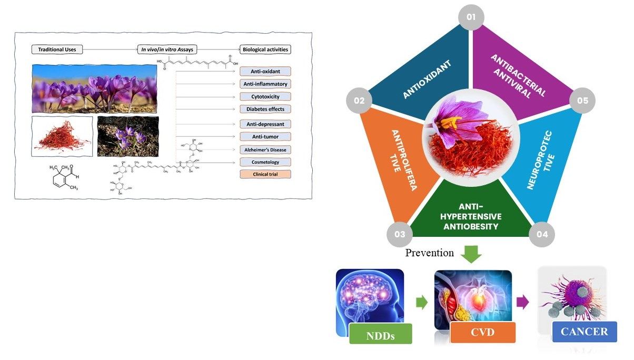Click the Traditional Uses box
(57, 49)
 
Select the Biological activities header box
(265, 49)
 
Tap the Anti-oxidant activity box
(265, 71)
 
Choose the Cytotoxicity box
(265, 96)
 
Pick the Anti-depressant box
(265, 124)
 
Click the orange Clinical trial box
(265, 174)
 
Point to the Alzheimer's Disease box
(265, 149)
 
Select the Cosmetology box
(265, 162)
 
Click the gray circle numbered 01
(470, 17)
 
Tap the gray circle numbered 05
(582, 100)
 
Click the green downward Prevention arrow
(471, 253)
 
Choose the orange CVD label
(482, 333)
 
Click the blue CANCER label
(584, 332)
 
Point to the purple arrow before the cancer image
(522, 302)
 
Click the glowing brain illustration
(370, 297)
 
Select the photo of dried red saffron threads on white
(62, 136)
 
